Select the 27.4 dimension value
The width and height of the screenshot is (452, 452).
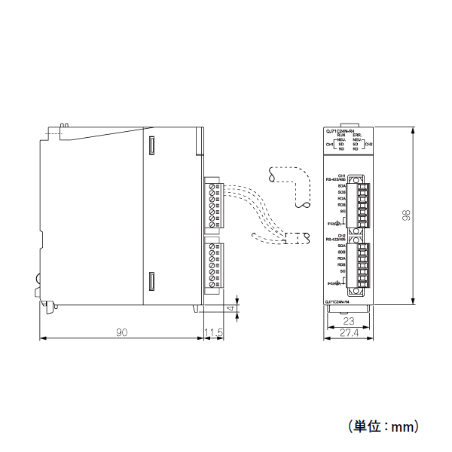pos(348,332)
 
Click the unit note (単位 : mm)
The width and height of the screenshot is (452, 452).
pos(383,426)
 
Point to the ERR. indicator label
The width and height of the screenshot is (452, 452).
pos(357,135)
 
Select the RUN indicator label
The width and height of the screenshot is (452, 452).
pos(341,135)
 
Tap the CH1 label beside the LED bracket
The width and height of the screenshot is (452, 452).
pos(329,144)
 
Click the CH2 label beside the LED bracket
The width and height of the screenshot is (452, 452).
pos(368,144)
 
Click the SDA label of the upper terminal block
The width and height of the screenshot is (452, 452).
pos(341,185)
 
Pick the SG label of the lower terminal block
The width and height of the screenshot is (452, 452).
pos(343,272)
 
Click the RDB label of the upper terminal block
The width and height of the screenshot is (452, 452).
pos(341,205)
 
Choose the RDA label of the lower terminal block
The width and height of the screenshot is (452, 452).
pos(341,258)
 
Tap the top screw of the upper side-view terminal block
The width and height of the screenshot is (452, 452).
pos(212,185)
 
